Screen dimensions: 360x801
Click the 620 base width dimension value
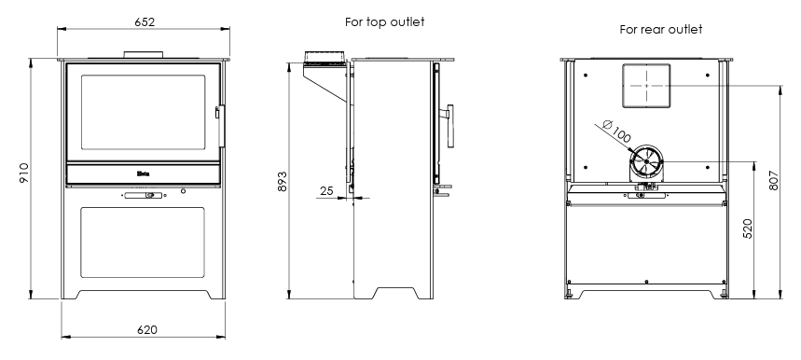(146, 329)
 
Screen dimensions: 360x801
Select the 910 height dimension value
(25, 174)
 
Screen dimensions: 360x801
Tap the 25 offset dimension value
(325, 191)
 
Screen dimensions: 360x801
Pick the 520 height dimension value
(748, 230)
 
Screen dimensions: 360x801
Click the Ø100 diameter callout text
(616, 132)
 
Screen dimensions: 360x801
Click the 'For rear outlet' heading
(661, 30)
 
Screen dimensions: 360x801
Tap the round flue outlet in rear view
(643, 164)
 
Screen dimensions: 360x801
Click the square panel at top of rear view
(644, 84)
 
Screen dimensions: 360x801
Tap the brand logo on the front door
(144, 173)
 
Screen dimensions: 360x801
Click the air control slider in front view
(143, 195)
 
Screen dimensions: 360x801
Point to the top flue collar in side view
(323, 61)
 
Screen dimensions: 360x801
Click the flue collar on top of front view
(144, 54)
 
